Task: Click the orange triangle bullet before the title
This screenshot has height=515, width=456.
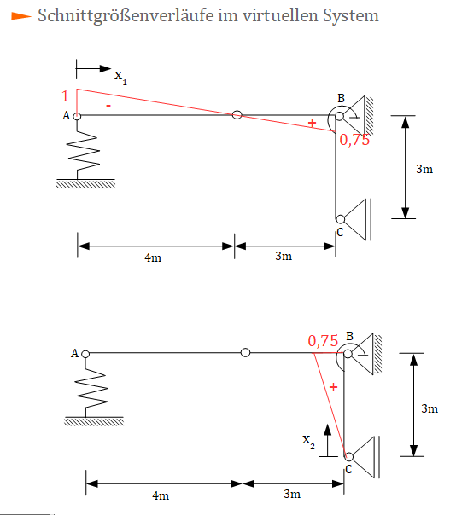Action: [x=21, y=15]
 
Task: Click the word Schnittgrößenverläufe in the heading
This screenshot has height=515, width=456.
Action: [x=126, y=15]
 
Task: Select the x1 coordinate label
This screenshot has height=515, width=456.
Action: [x=120, y=77]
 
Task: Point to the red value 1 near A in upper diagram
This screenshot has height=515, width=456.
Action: [x=65, y=96]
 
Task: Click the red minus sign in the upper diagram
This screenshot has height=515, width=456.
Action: [x=108, y=106]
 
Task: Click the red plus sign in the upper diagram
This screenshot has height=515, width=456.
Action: [x=312, y=123]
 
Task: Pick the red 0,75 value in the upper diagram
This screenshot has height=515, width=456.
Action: [x=354, y=140]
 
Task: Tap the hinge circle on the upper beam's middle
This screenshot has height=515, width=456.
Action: [x=237, y=115]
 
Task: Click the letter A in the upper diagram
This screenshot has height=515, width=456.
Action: [x=66, y=116]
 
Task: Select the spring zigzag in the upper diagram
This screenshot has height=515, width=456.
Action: [x=83, y=151]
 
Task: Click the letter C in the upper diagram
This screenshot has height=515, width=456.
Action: [x=340, y=232]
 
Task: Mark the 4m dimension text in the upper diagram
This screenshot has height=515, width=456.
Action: [x=153, y=257]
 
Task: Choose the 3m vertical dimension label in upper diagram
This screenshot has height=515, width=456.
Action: [x=424, y=169]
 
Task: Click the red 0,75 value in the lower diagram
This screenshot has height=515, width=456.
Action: [x=323, y=341]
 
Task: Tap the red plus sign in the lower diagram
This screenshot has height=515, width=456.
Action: [x=333, y=387]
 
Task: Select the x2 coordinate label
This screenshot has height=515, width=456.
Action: [x=308, y=442]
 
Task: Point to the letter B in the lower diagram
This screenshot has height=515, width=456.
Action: [x=350, y=336]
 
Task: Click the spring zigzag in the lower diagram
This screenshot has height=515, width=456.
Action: [x=91, y=389]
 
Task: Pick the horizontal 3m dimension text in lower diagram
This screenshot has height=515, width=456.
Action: [x=292, y=494]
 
